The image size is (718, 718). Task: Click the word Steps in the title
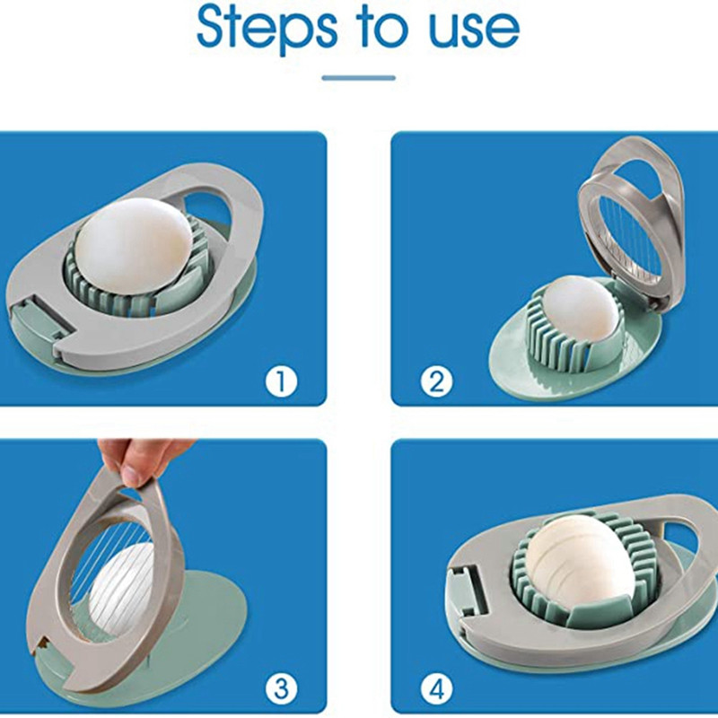(267, 29)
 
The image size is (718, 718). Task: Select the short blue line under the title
(358, 78)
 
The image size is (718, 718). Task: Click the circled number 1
(281, 381)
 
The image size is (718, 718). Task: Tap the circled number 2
(436, 381)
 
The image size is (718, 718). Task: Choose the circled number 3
(281, 688)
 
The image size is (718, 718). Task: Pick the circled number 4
(436, 688)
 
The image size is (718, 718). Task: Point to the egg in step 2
(578, 309)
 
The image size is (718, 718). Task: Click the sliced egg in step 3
(120, 582)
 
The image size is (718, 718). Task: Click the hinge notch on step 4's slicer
(468, 591)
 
